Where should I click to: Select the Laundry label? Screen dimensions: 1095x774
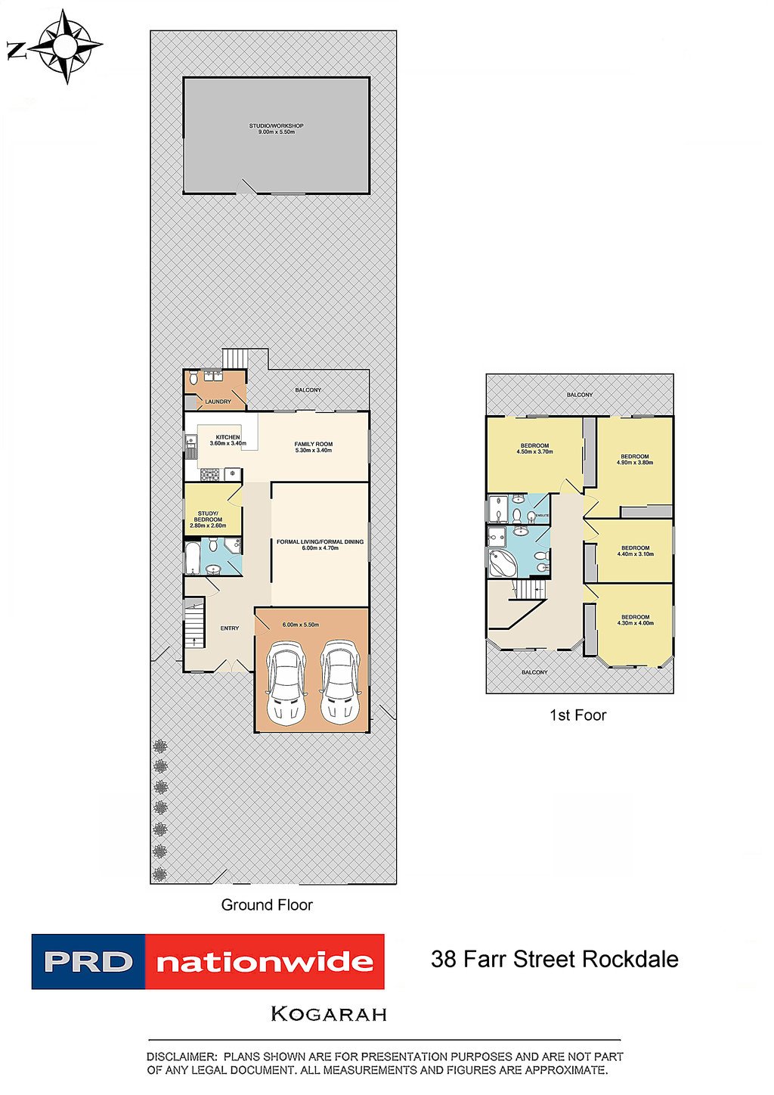coord(218,402)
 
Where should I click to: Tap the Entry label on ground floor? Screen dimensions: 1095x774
coord(230,628)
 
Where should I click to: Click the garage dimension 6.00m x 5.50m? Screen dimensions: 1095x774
coord(300,625)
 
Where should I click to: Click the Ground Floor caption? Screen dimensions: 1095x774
coord(267,904)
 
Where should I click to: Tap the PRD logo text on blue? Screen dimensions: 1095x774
coord(88,962)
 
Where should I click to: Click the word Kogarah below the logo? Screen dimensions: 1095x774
coord(329,1014)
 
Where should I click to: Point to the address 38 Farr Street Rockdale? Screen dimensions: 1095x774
coord(554,960)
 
